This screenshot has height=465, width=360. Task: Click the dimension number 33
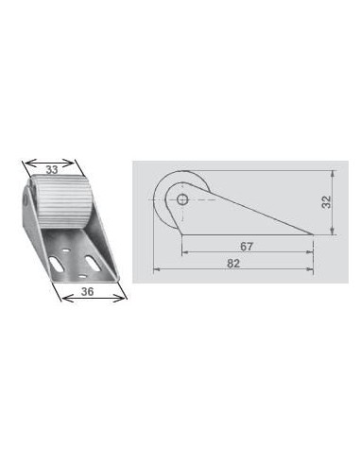tap(52, 170)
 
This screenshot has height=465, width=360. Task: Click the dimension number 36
tap(87, 291)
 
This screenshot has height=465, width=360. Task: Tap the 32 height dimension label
tap(327, 202)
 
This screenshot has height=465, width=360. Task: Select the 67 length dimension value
tap(247, 247)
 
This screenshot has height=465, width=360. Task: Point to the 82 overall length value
tap(233, 264)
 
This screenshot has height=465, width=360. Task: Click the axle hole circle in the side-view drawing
tap(182, 199)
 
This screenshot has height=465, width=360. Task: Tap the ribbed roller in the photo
tap(61, 200)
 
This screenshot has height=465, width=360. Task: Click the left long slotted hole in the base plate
tap(57, 264)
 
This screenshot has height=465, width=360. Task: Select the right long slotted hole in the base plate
tap(92, 263)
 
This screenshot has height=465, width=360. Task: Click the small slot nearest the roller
tap(65, 250)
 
